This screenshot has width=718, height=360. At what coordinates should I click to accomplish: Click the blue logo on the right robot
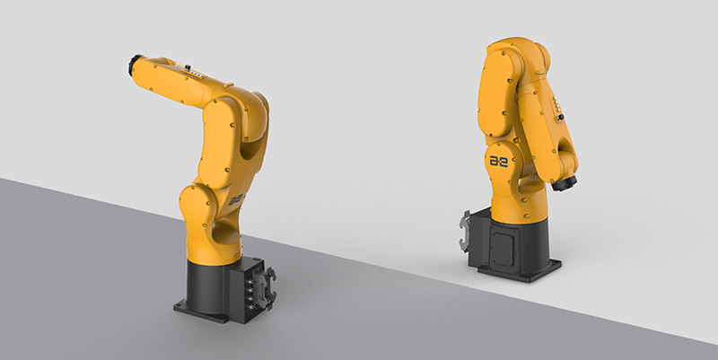(x=499, y=162)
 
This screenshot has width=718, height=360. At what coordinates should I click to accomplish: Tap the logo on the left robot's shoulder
(x=236, y=200)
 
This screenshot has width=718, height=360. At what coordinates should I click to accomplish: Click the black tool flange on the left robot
(x=134, y=65)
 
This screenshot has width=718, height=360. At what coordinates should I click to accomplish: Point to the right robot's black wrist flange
(x=564, y=183)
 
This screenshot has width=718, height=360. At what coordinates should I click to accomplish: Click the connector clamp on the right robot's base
(x=465, y=231)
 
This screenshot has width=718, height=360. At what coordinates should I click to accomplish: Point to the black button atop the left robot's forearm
(x=188, y=67)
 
